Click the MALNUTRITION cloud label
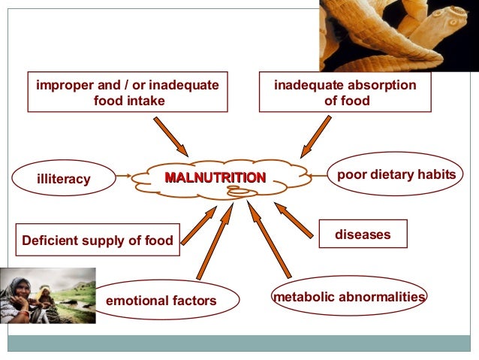point(215,178)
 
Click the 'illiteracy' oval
point(64,179)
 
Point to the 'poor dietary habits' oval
point(396,174)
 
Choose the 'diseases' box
point(363,234)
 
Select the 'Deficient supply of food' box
point(98,241)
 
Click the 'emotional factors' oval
point(161,301)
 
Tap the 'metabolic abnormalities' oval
point(349,296)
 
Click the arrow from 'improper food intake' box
point(172,137)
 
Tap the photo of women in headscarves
point(48,295)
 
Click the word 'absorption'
point(377,85)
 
